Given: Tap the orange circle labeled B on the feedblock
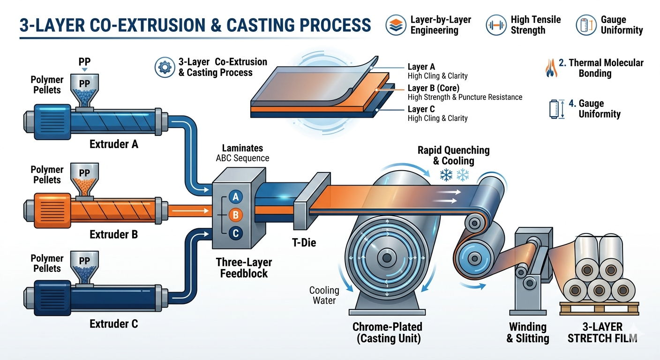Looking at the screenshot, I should click(236, 215).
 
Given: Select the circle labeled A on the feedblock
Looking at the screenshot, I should click(236, 197).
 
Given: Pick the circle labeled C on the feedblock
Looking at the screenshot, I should click(236, 233).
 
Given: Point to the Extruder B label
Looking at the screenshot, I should click(113, 234).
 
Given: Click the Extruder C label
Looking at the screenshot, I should click(113, 323).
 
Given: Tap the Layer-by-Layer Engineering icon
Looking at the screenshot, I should click(396, 25).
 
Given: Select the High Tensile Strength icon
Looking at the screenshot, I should click(496, 25).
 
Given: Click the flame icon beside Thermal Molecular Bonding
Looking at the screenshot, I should click(551, 68).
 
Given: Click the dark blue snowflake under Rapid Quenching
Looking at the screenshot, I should click(446, 175).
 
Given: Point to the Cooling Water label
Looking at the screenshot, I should click(324, 295).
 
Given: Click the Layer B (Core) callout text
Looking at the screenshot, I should click(434, 88).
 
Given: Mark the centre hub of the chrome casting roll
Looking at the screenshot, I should click(387, 258).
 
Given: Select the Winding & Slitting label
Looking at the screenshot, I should click(527, 332).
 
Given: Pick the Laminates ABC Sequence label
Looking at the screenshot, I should click(242, 153).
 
